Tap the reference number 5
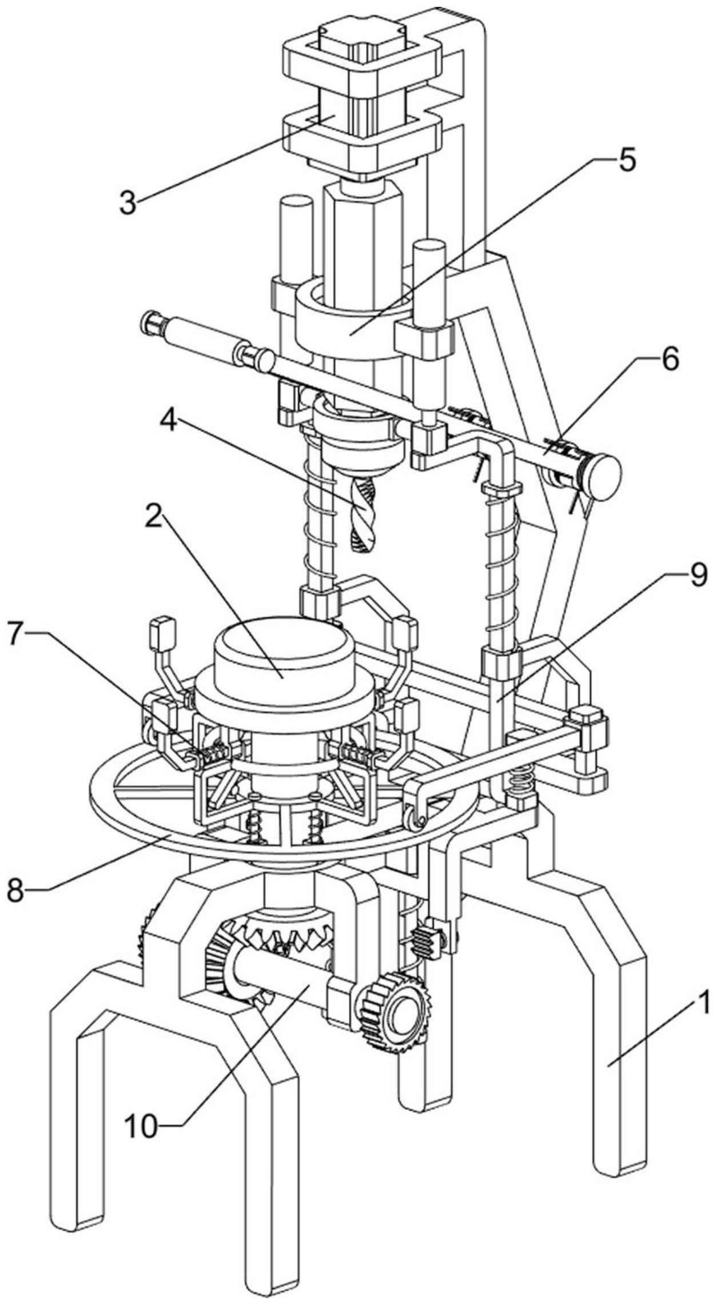tap(627, 162)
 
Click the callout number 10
tap(141, 1111)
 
